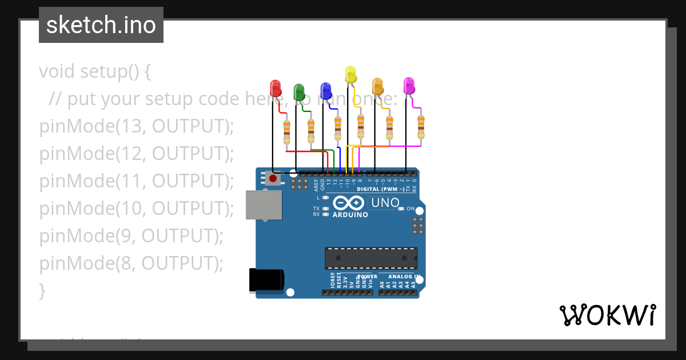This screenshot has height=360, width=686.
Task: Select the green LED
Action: (x=299, y=92)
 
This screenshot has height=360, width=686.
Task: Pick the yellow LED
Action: (x=350, y=74)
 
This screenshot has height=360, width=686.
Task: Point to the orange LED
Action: (x=377, y=86)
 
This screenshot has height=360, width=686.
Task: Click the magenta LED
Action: (x=409, y=86)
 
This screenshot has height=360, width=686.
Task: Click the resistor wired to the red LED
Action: (x=287, y=133)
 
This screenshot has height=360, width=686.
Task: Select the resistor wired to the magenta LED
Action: (x=421, y=127)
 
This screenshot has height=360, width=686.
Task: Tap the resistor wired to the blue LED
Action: (x=338, y=128)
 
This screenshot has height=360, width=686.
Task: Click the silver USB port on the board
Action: (x=264, y=205)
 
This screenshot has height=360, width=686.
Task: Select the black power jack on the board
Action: (x=266, y=280)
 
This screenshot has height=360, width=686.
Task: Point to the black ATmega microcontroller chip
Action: (x=371, y=258)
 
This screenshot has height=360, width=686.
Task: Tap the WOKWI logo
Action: (x=607, y=315)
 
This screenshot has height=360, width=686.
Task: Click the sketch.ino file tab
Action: (x=101, y=25)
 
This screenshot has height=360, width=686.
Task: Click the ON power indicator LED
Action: (x=402, y=209)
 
